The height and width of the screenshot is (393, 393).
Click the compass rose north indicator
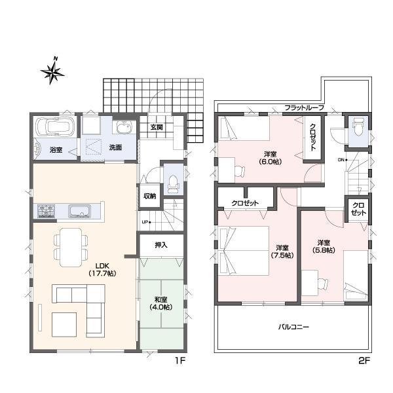click(x=52, y=71)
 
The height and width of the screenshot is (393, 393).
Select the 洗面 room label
click(x=115, y=149)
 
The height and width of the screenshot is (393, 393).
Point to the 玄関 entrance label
click(x=157, y=126)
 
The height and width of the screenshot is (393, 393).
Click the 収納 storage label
click(x=150, y=196)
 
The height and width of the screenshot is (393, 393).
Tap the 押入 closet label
click(x=161, y=245)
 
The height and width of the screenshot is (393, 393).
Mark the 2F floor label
click(x=365, y=361)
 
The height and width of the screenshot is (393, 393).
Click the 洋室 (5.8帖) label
click(x=324, y=246)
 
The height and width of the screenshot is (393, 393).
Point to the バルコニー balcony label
click(x=289, y=326)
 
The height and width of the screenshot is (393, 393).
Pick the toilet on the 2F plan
click(x=358, y=128)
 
